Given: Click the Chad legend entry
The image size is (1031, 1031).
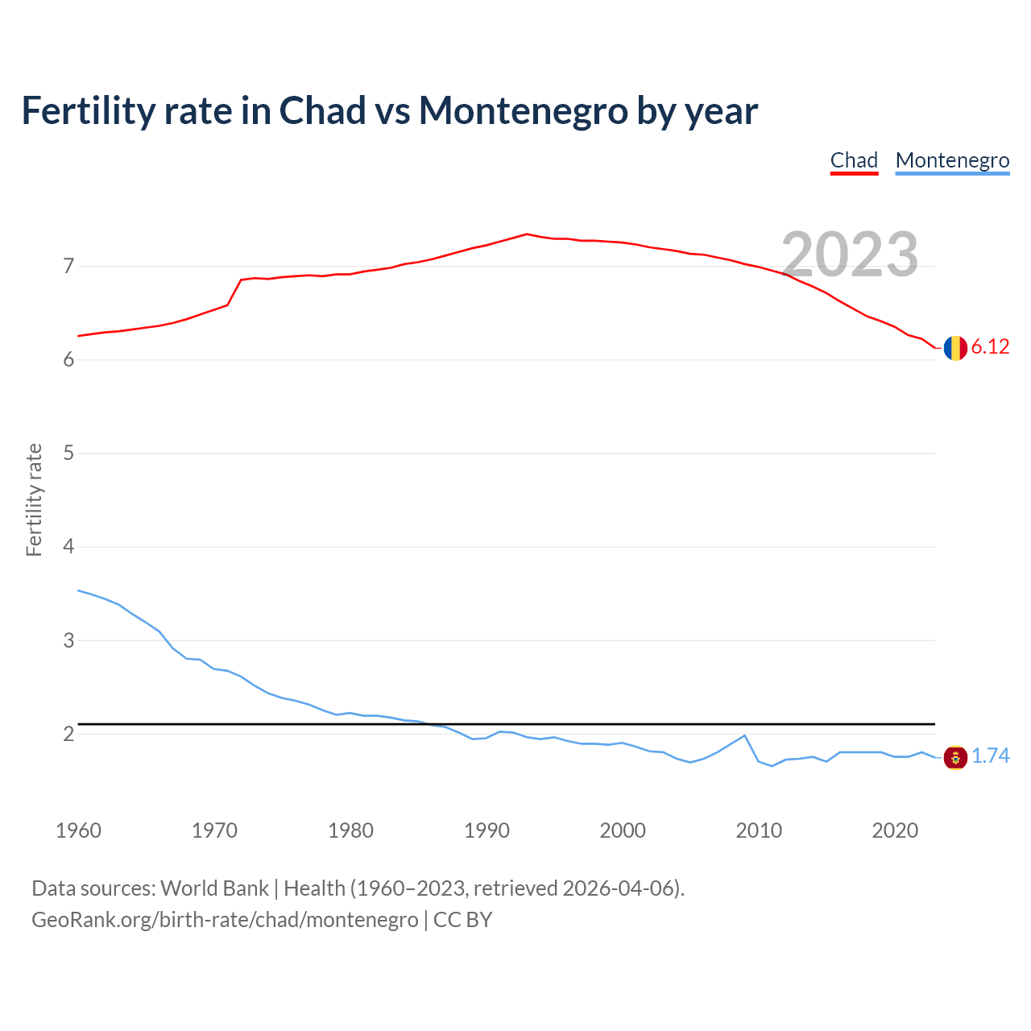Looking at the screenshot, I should coord(854,160).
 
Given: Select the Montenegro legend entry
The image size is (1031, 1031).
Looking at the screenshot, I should coord(952,160).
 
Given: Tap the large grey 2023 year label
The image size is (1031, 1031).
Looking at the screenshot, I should coord(850,255).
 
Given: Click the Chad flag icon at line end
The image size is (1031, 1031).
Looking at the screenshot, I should coord(955,348).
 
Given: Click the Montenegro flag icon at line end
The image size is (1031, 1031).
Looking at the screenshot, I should coord(955,757).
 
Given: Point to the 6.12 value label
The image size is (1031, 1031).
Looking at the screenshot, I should coord(990,347).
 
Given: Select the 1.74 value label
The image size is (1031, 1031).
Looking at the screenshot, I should coord(990,756).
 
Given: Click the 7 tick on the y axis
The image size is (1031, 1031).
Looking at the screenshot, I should coord(68,266).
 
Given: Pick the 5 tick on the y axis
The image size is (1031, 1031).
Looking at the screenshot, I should coord(68,453).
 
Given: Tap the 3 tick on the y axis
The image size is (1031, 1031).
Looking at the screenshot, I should coord(68,641).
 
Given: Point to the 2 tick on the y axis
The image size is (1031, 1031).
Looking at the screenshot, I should coord(68,734).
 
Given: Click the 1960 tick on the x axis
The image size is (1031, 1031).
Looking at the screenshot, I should coord(78,830).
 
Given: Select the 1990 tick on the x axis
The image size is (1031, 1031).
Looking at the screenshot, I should coord(487,830).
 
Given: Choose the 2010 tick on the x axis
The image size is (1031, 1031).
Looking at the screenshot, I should coord(759,830).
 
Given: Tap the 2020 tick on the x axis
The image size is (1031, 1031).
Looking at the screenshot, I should coord(895,830).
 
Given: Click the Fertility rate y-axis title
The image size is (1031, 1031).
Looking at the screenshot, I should coord(34,499).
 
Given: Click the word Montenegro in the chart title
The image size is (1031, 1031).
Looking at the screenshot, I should coord(523,110).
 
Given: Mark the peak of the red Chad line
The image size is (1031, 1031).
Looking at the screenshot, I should coord(527,234).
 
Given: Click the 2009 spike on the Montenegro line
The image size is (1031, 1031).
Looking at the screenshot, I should coord(744,735).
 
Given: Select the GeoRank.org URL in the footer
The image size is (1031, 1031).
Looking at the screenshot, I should coord(225,920).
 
